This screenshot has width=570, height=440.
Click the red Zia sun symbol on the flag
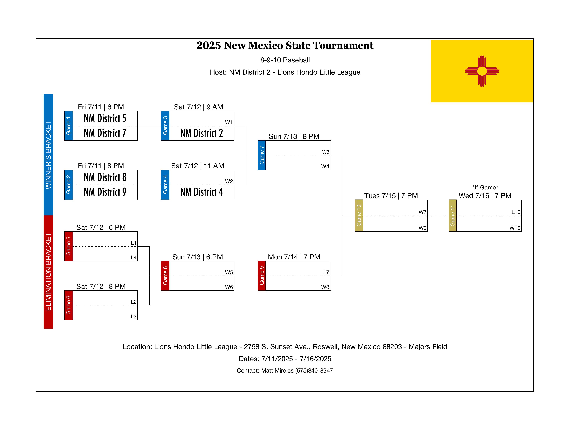point(482,71)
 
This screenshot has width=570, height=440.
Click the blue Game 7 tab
point(262,155)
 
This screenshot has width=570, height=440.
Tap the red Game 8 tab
point(165,276)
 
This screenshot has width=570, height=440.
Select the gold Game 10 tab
point(359,216)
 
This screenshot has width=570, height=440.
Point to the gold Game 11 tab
point(453,216)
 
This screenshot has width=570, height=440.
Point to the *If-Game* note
point(485,187)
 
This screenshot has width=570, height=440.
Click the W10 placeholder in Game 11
point(515,228)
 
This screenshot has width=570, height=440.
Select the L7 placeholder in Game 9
point(326,272)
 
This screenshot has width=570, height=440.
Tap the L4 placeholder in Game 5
point(133,258)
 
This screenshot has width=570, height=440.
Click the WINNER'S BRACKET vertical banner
point(48,155)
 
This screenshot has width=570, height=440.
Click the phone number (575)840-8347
point(314,370)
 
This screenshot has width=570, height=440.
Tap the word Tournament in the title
point(343,46)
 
